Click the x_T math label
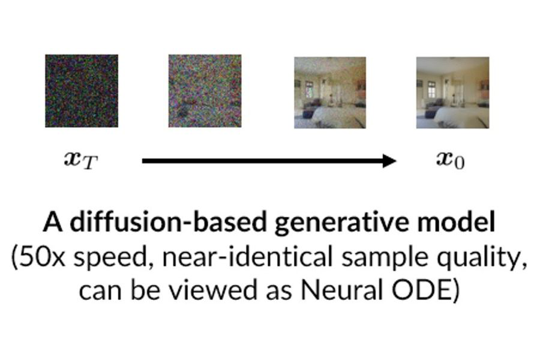pos(81,161)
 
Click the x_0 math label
pos(451,160)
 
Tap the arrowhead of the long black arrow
pos(389,161)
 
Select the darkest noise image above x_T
pos(82,91)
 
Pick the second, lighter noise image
pos(205,91)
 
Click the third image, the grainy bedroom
pos(330,92)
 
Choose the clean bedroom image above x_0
pos(452,92)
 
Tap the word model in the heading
pos(457,222)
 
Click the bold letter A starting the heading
pos(53,222)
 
